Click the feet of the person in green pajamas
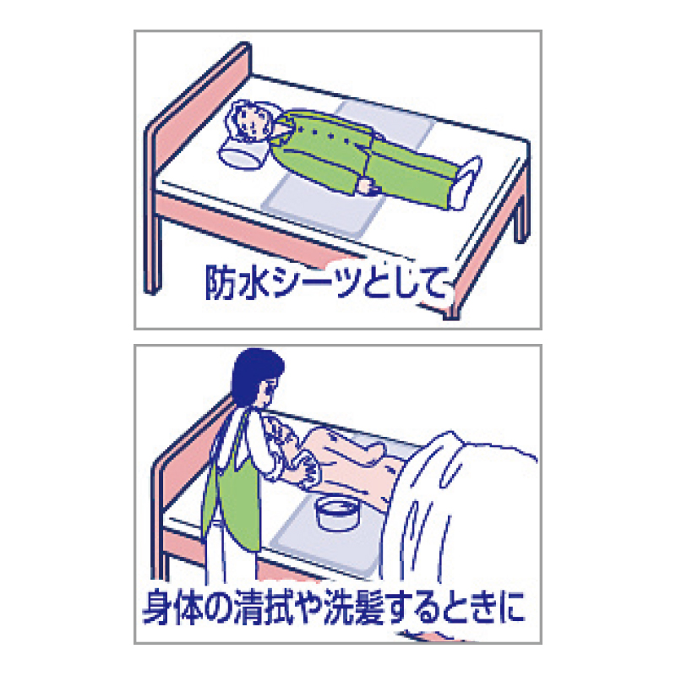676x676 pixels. [465, 183]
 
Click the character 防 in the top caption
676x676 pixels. [221, 282]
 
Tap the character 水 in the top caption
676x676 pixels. [254, 283]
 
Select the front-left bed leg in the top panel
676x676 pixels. [153, 250]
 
